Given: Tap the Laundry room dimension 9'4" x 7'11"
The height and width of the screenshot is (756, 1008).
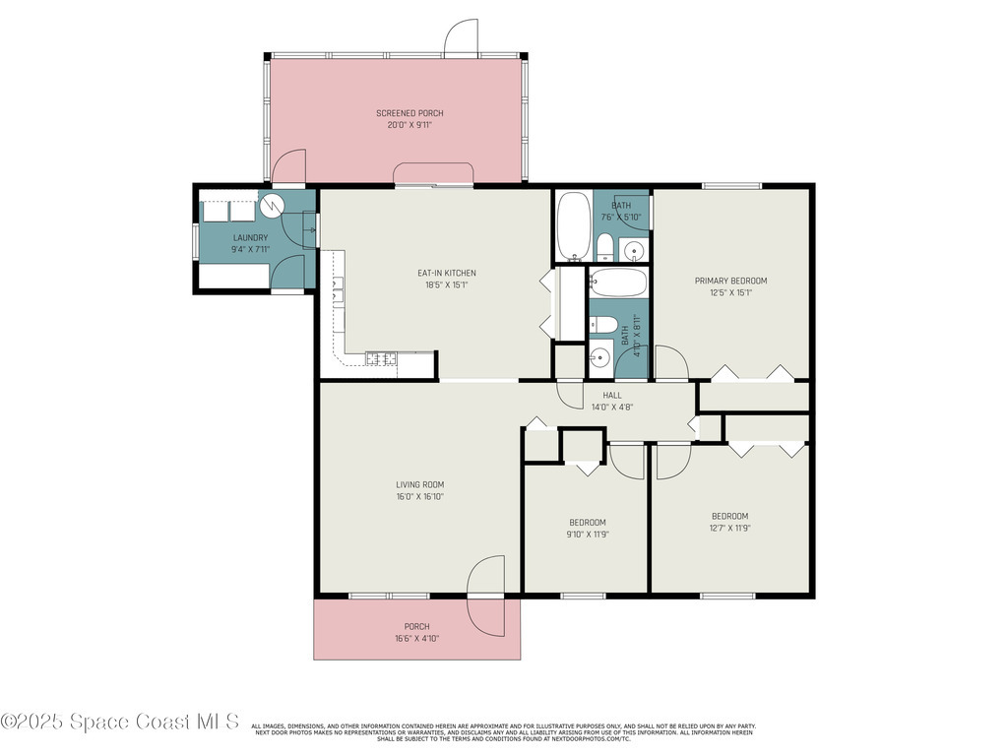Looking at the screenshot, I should click(251, 249).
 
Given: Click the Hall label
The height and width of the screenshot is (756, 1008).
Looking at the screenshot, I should click(611, 395).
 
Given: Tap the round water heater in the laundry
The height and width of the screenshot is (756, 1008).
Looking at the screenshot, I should click(272, 205).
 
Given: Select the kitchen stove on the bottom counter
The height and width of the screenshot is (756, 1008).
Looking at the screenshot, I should click(382, 359).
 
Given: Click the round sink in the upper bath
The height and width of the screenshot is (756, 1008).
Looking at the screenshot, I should click(635, 248).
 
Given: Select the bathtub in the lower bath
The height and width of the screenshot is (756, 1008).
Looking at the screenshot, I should click(619, 283).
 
